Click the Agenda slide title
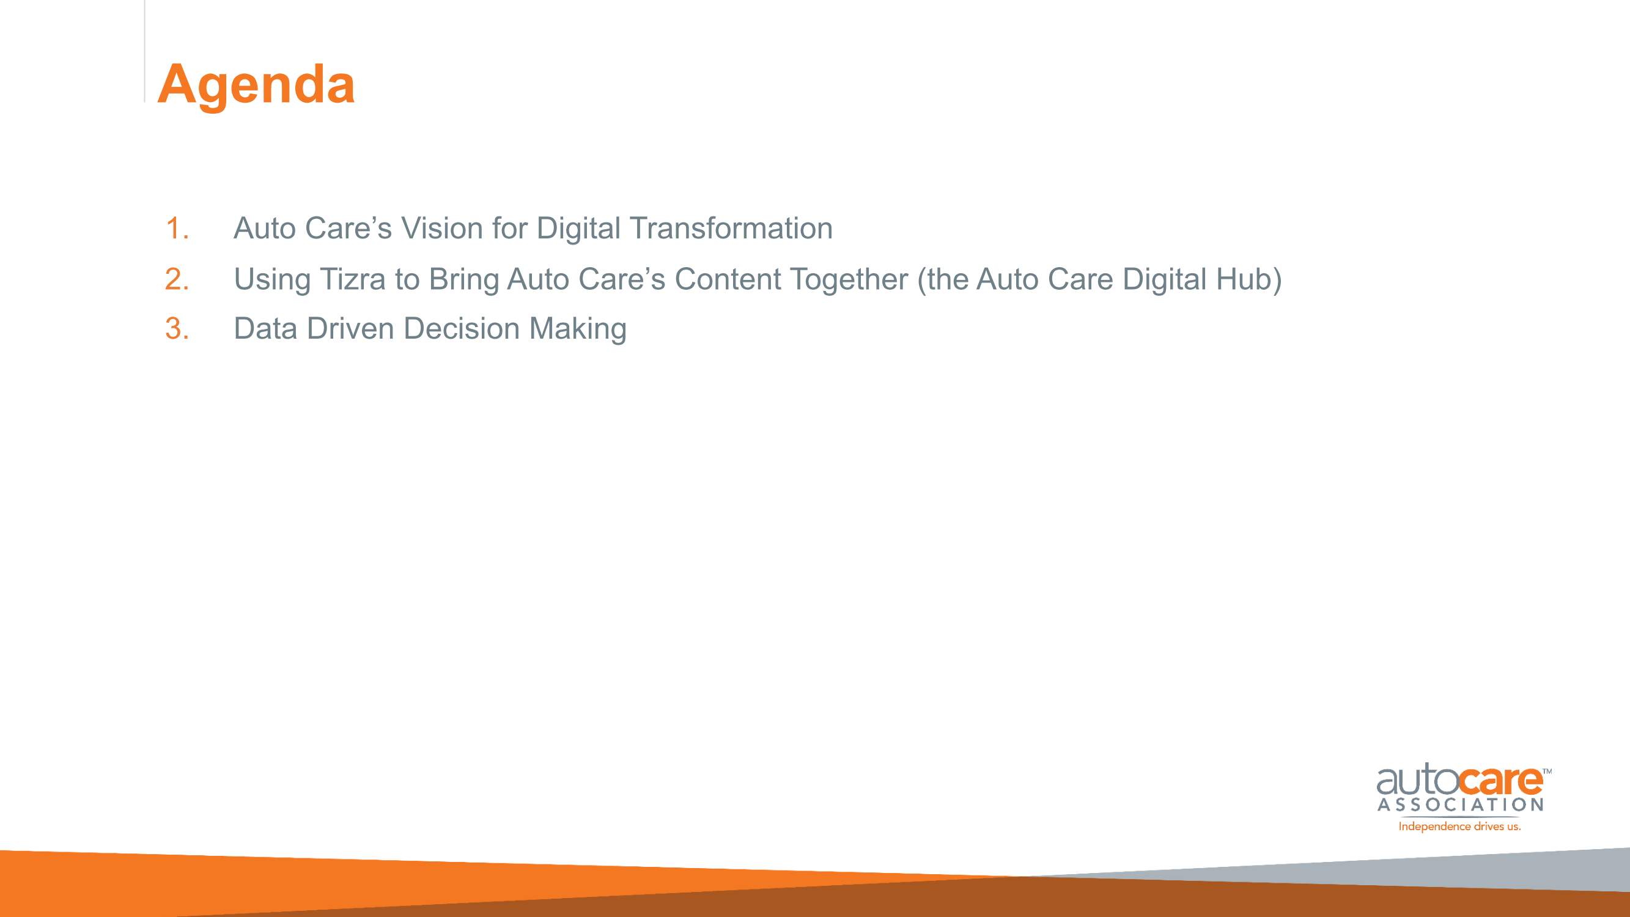pyautogui.click(x=256, y=86)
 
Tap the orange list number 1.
pyautogui.click(x=177, y=228)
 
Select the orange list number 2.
pyautogui.click(x=177, y=279)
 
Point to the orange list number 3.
pyautogui.click(x=177, y=328)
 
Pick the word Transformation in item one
pyautogui.click(x=731, y=228)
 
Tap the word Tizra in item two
pyautogui.click(x=352, y=279)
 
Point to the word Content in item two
pyautogui.click(x=727, y=279)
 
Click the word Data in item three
pyautogui.click(x=265, y=328)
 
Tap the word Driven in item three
pyautogui.click(x=350, y=328)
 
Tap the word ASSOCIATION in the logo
pyautogui.click(x=1461, y=805)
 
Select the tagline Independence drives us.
pyautogui.click(x=1459, y=827)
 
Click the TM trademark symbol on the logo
pyautogui.click(x=1546, y=772)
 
